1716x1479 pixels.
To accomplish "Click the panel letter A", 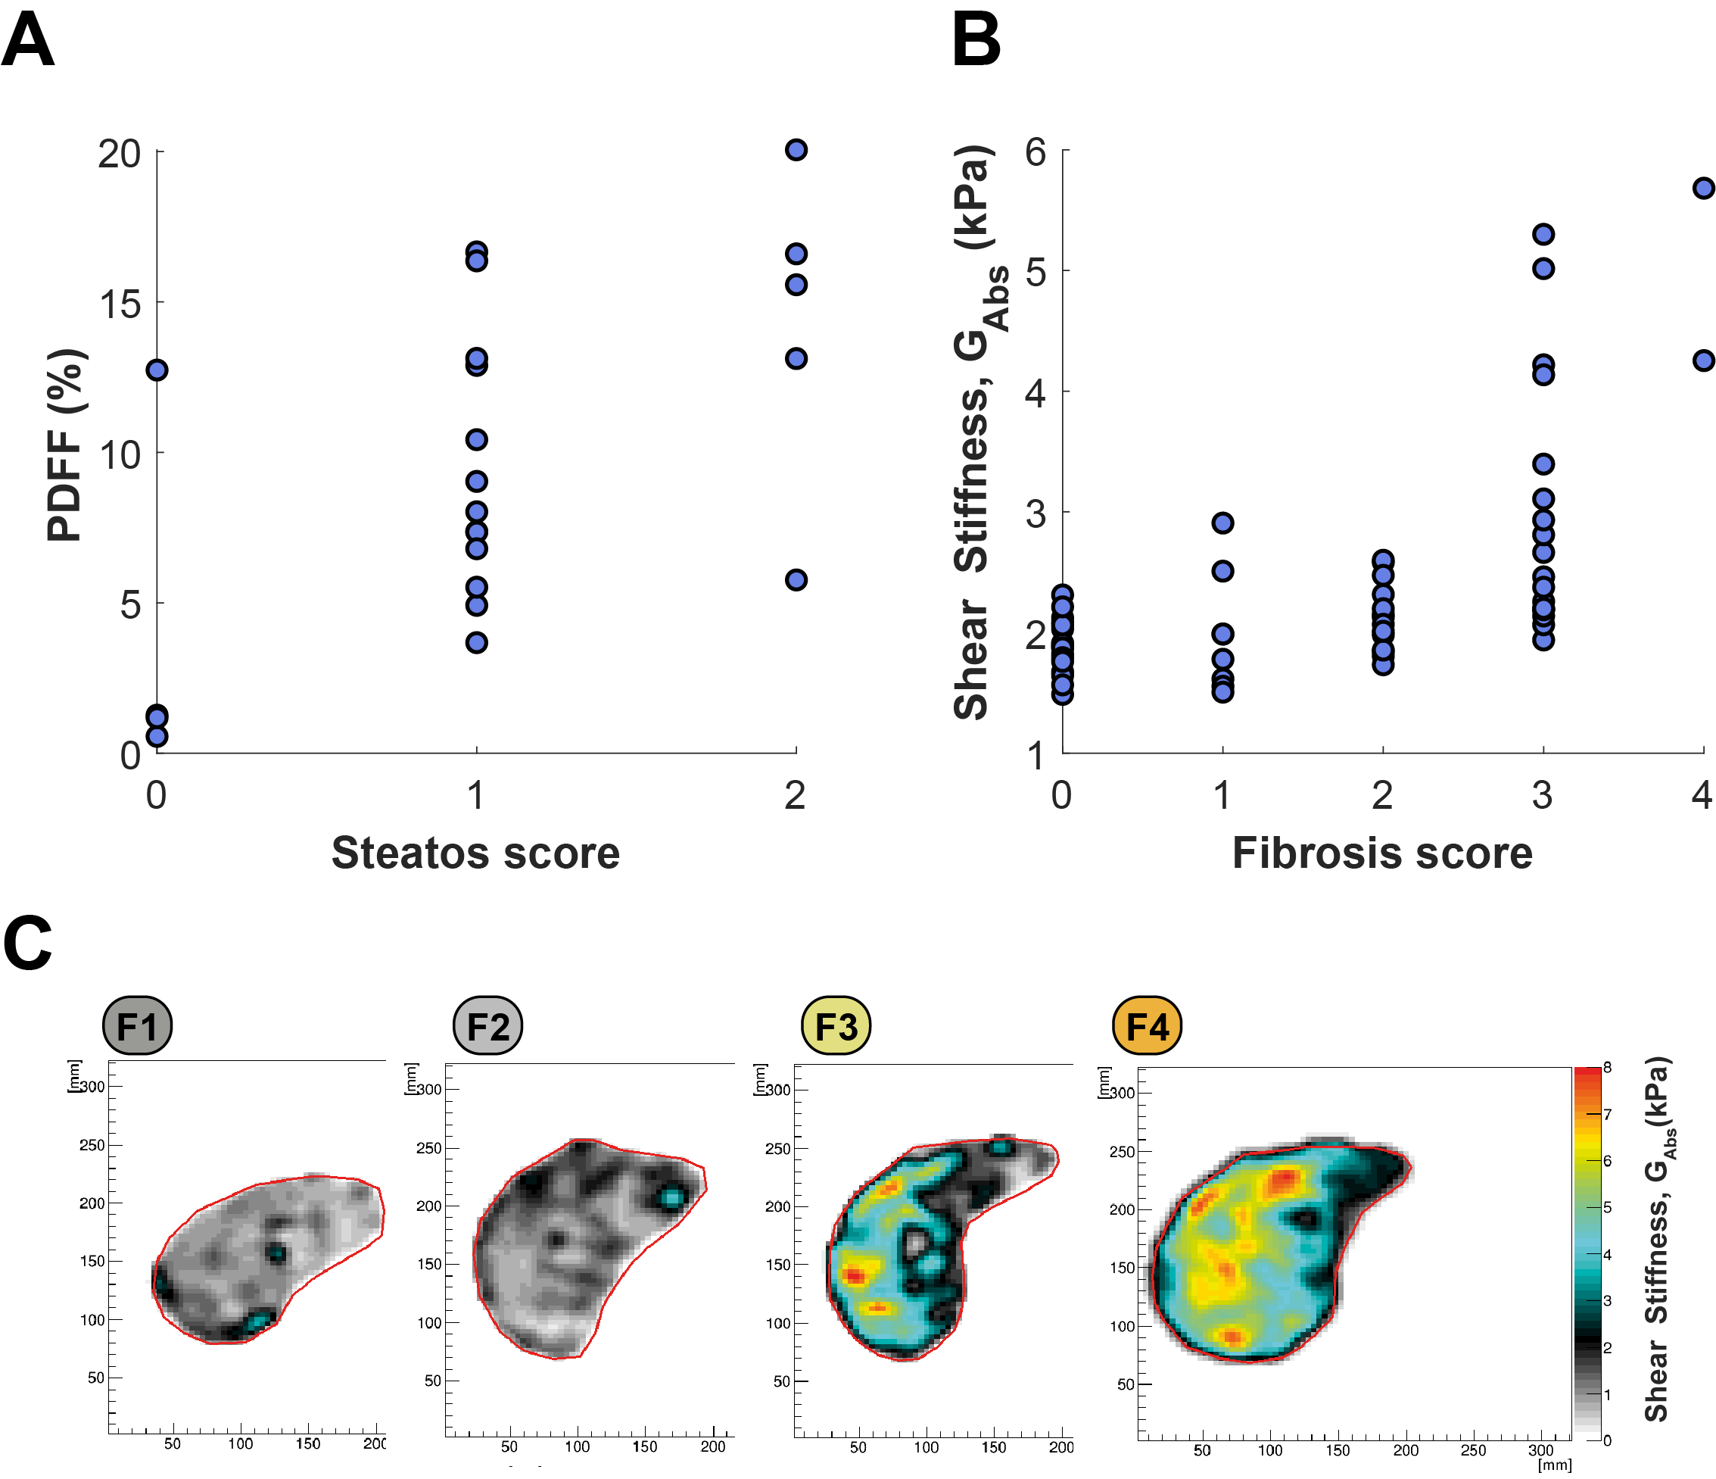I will tap(28, 41).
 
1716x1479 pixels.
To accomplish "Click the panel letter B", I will tap(976, 41).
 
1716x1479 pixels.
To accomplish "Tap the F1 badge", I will tap(138, 1026).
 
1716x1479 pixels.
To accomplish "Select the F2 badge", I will tap(487, 1026).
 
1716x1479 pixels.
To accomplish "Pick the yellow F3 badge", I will tap(836, 1026).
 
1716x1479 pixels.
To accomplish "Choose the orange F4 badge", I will tap(1147, 1026).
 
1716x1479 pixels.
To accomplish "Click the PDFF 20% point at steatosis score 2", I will tap(796, 150).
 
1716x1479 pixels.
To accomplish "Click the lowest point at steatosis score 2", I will tap(796, 580).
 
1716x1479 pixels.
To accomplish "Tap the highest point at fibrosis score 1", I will tap(1222, 523).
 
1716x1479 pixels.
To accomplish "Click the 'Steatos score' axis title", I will tap(475, 853).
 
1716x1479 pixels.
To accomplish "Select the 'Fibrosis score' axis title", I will tap(1382, 853).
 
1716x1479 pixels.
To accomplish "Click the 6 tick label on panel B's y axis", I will tap(1036, 151).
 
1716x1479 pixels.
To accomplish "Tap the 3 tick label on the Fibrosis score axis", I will tap(1541, 795).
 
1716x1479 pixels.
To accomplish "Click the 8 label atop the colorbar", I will tap(1607, 1067).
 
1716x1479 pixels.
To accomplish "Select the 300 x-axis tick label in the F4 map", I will tap(1540, 1450).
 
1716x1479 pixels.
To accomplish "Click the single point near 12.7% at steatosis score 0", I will tap(157, 370).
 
